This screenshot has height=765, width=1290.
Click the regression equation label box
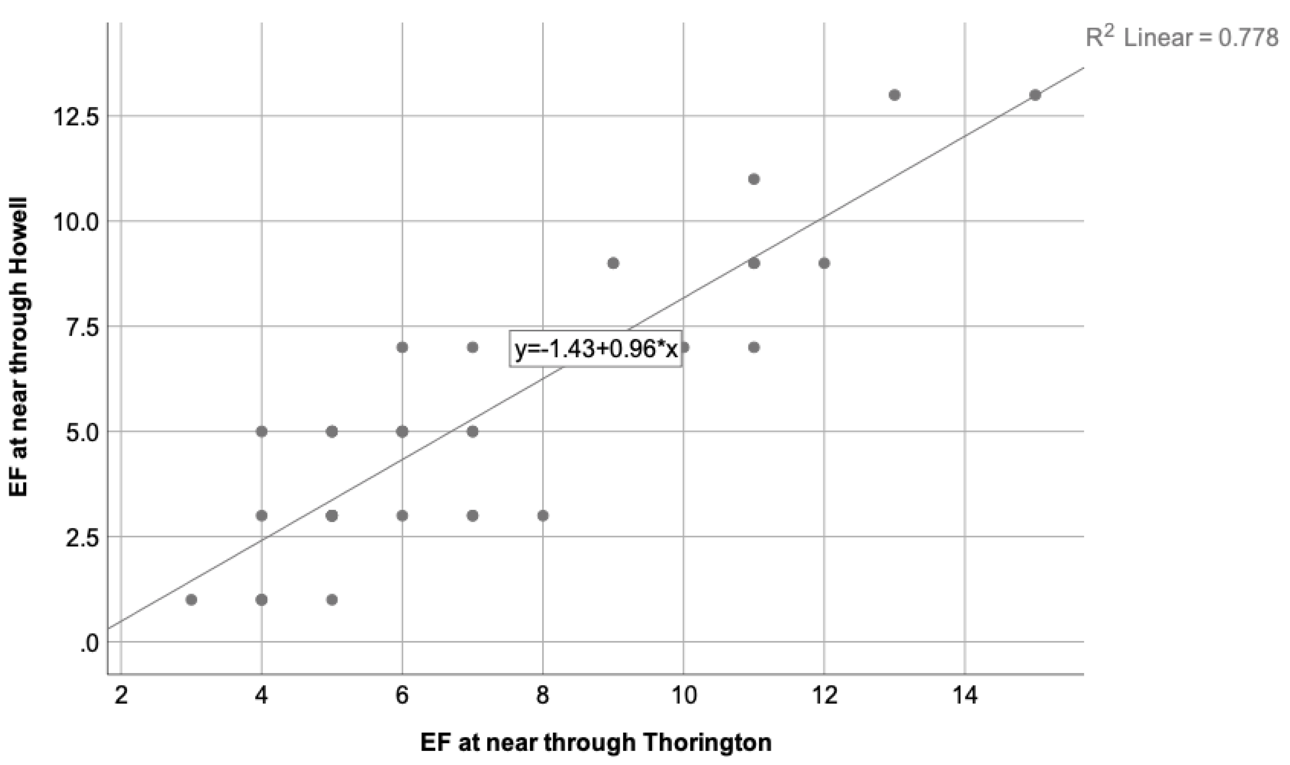[596, 349]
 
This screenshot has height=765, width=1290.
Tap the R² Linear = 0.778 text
[1182, 38]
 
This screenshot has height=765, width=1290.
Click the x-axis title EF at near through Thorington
[596, 743]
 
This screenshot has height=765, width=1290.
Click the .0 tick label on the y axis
[89, 643]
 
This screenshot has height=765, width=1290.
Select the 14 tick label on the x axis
[965, 696]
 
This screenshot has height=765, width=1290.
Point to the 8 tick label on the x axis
[543, 696]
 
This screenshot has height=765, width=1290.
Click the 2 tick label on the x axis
[121, 696]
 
